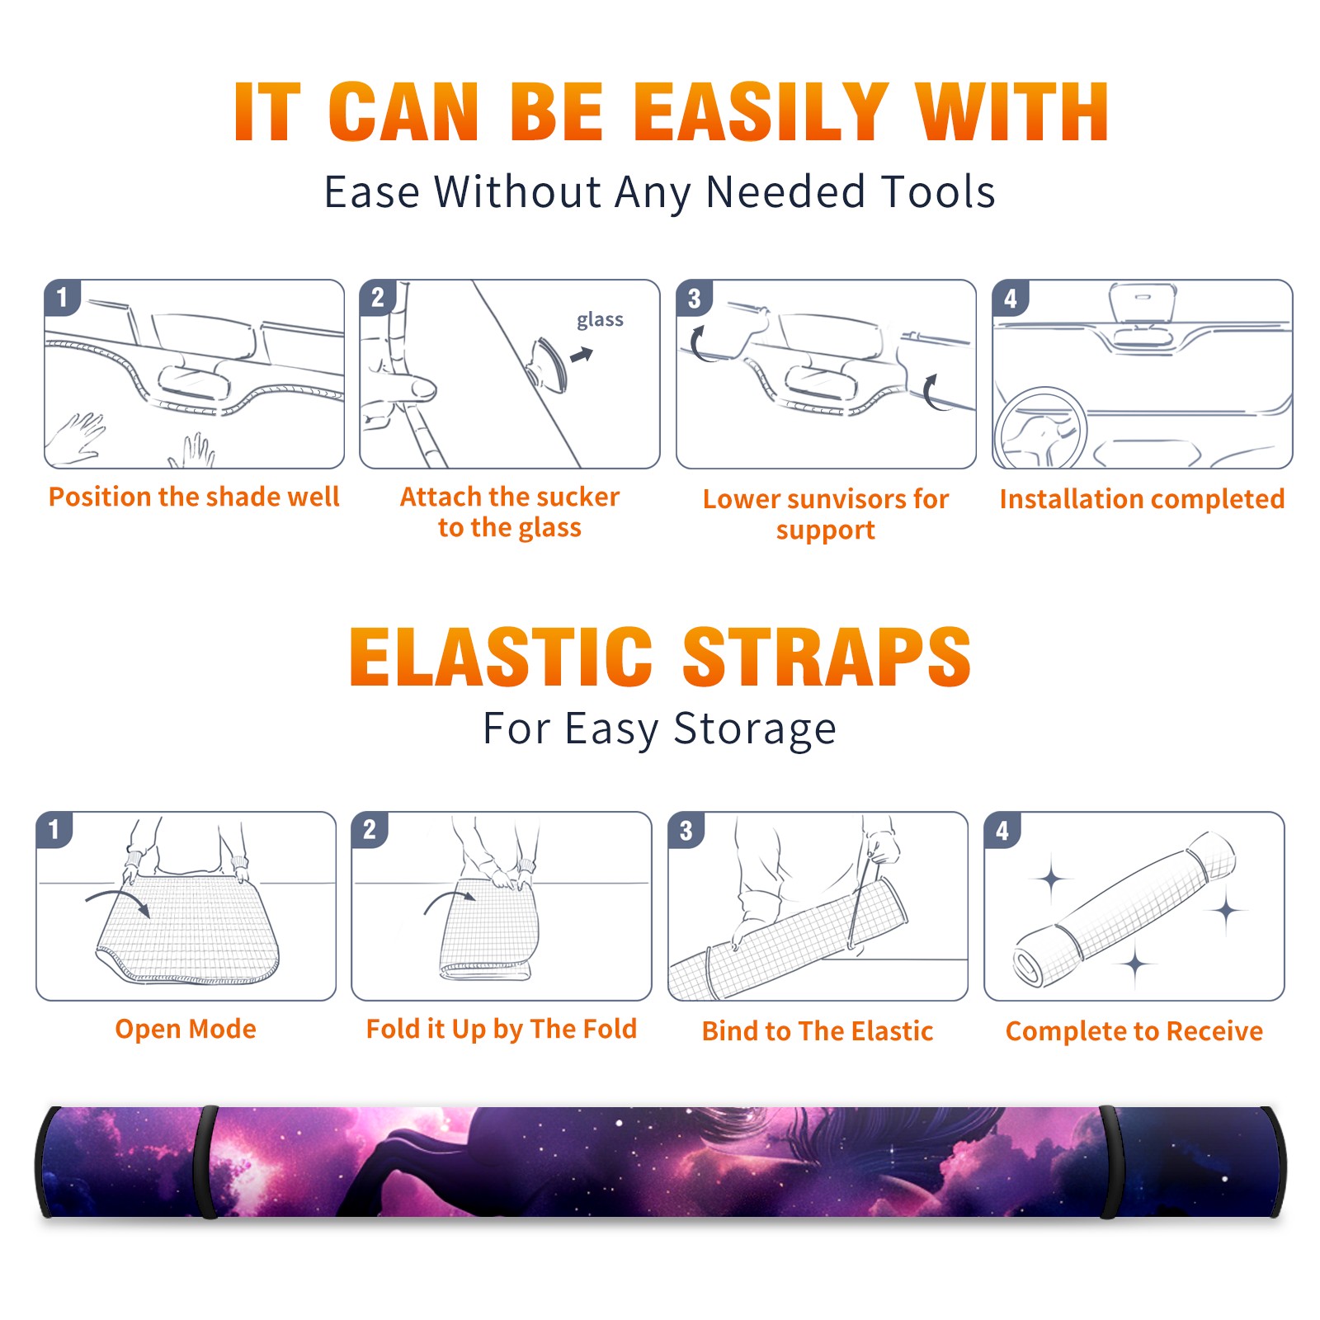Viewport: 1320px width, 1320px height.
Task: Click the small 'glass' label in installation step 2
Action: (x=600, y=320)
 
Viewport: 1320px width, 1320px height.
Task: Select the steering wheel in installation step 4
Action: (x=1041, y=429)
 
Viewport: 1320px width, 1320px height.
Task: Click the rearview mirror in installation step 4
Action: (x=1143, y=304)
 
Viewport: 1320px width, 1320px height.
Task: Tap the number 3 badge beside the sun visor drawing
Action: (x=694, y=298)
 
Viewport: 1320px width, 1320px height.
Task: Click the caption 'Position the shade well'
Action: (x=194, y=497)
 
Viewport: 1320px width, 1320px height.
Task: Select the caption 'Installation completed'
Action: (x=1142, y=499)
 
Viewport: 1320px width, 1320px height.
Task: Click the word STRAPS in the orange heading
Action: (x=827, y=657)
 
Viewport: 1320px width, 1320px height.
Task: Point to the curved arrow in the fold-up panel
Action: (x=450, y=898)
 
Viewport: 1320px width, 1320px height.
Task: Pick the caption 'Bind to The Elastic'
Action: (x=817, y=1031)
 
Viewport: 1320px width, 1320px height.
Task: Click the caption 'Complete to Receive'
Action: (x=1134, y=1031)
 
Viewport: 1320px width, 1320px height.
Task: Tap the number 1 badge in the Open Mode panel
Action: (x=54, y=829)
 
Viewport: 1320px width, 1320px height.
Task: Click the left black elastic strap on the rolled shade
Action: (x=206, y=1162)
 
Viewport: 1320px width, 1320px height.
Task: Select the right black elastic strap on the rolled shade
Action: (x=1109, y=1162)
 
